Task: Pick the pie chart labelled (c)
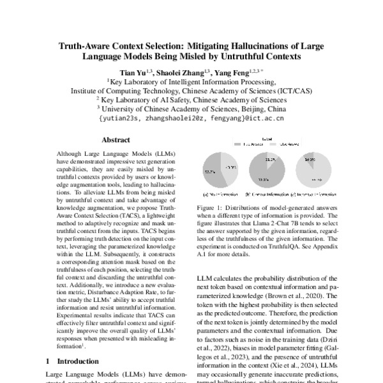[x=313, y=170]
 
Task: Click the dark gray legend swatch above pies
[x=243, y=144]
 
